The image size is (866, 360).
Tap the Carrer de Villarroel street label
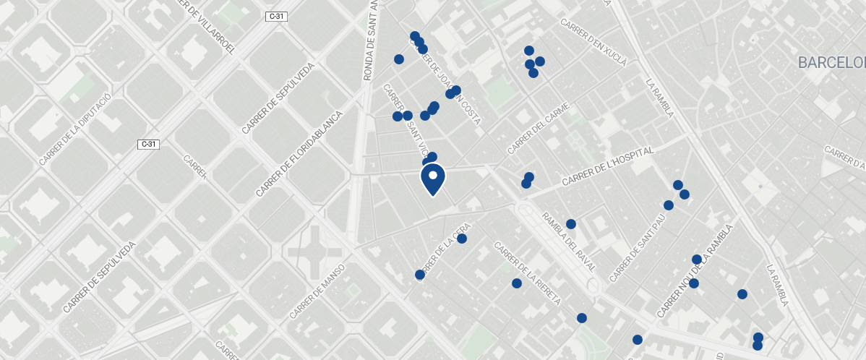209,27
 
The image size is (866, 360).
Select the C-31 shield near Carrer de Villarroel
277,17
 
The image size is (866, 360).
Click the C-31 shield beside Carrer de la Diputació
148,144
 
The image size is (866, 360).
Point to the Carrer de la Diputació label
75,129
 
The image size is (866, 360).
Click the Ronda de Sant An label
370,40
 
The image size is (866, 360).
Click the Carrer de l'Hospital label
607,166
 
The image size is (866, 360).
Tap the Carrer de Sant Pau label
637,248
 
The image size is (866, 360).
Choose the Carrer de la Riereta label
528,273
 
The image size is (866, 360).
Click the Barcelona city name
831,64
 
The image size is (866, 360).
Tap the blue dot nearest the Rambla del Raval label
570,224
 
